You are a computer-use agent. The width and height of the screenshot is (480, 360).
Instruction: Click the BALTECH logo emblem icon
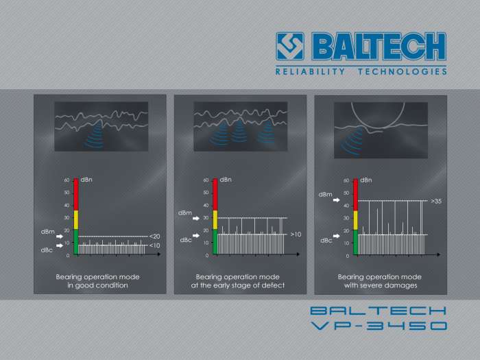291,45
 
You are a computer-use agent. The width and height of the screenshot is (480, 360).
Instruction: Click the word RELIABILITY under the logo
307,71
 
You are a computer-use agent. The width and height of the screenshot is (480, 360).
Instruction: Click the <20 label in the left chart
155,237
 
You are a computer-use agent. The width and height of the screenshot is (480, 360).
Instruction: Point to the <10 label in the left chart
155,245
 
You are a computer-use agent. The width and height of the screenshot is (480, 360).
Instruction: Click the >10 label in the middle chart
296,235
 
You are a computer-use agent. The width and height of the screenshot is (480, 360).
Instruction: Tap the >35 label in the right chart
435,202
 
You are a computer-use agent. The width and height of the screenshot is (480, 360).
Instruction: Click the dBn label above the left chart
86,180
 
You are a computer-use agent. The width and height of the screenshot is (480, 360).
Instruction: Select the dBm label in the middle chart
185,213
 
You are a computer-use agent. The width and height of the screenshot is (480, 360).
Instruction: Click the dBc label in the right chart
326,241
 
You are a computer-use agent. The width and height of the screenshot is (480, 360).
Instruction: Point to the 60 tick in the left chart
67,180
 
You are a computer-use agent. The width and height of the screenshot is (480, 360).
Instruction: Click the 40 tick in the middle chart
206,205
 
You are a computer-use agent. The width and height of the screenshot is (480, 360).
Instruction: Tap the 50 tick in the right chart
346,193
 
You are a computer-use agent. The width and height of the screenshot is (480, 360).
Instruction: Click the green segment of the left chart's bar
75,242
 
